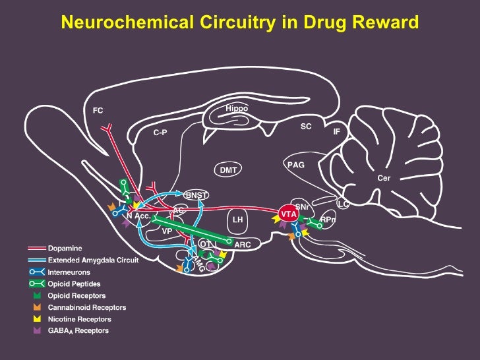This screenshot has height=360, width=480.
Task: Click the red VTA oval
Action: point(288,214)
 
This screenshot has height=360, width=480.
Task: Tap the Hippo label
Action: point(236,108)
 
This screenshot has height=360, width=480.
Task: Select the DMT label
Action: point(228,170)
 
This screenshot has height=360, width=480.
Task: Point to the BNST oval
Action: point(195,195)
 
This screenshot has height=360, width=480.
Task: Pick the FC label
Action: point(98,111)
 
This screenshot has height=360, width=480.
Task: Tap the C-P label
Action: point(160,133)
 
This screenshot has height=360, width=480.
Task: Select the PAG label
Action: point(296,165)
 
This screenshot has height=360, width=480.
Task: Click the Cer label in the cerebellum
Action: point(384,178)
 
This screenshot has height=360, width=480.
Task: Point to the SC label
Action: point(306,125)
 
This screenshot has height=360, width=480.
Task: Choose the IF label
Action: point(336,132)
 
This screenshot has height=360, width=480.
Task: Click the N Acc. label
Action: point(139,215)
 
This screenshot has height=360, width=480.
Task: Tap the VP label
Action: point(167,231)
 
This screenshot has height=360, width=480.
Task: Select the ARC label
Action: point(243,245)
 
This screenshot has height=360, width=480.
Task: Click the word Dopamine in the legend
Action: point(65,249)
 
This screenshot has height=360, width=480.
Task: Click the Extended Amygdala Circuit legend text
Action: point(93,260)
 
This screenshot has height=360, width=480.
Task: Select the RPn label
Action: point(328,220)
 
